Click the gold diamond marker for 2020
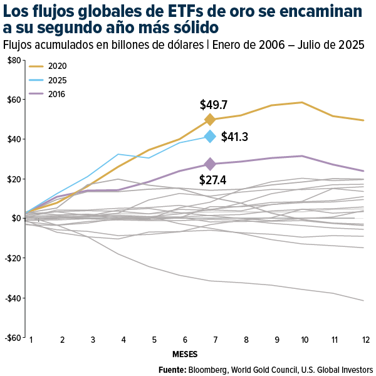(x=210, y=120)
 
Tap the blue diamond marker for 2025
(x=211, y=137)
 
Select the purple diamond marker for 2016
(x=210, y=164)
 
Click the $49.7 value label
(x=214, y=105)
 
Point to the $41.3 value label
(x=235, y=137)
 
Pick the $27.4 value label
(x=212, y=180)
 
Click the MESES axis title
(x=185, y=354)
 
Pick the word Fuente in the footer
(x=172, y=368)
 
